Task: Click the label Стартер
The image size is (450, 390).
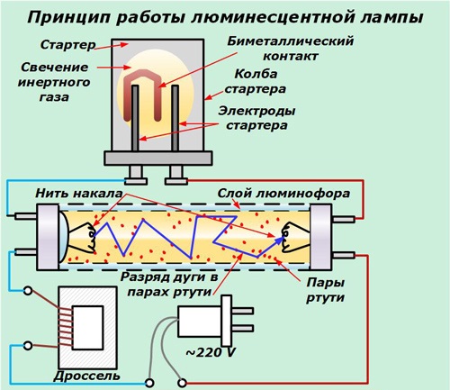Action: click(x=67, y=45)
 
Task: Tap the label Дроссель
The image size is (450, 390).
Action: click(x=87, y=376)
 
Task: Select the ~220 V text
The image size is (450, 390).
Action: click(x=211, y=352)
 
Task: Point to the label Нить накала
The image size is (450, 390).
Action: click(x=79, y=193)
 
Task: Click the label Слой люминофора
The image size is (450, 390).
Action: click(x=283, y=194)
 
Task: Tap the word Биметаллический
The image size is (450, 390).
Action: click(x=290, y=41)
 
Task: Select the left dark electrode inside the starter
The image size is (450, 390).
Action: click(x=135, y=118)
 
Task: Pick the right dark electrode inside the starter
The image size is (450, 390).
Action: click(x=175, y=118)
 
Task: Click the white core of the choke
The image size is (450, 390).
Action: click(x=88, y=328)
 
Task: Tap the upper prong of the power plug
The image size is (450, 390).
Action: click(x=242, y=311)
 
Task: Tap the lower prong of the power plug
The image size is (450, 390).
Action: click(x=242, y=328)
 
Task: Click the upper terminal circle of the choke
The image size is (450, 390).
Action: click(x=28, y=291)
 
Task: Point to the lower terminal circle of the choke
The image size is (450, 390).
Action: click(x=28, y=346)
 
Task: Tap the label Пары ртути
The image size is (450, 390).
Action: click(x=325, y=290)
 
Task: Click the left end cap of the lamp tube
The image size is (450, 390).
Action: click(x=48, y=237)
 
